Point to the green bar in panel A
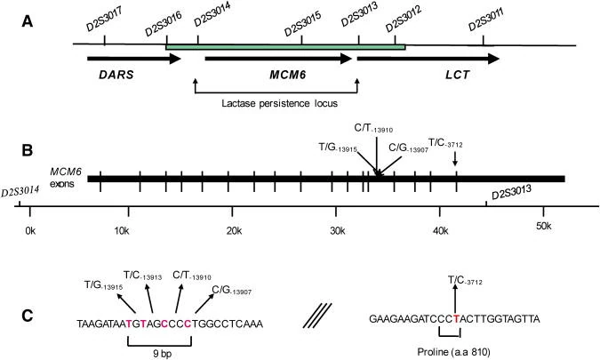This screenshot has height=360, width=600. coord(284,46)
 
